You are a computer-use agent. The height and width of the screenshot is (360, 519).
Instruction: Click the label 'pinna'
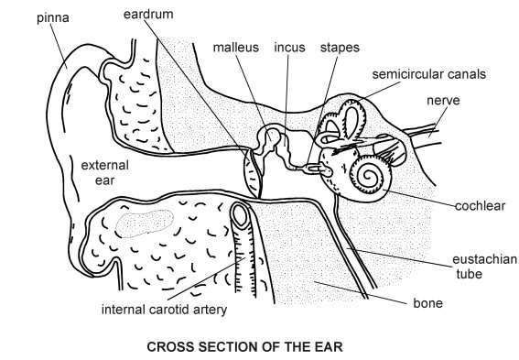(x=22, y=17)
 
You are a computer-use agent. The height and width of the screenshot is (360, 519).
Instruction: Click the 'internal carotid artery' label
(x=164, y=309)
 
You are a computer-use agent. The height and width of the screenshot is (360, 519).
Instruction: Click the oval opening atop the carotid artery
(x=240, y=216)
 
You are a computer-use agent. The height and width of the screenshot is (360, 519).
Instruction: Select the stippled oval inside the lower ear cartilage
(x=146, y=222)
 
